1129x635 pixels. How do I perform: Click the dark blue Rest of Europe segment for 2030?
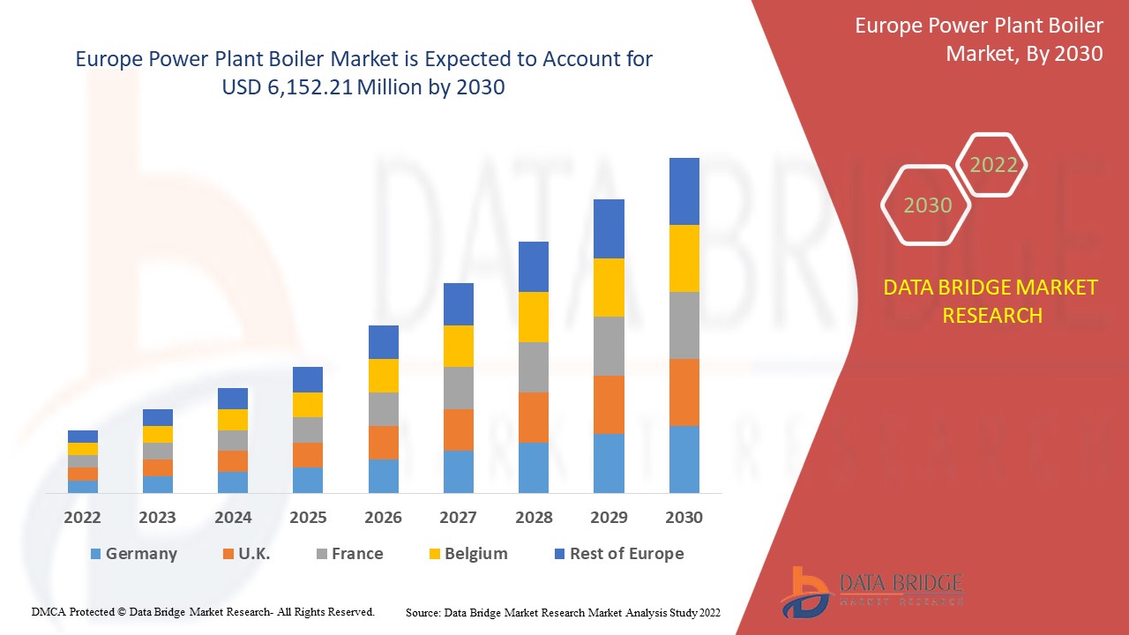(x=684, y=191)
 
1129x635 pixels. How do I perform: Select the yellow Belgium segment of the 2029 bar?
(x=609, y=288)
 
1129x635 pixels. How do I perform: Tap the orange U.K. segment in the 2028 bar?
(x=533, y=417)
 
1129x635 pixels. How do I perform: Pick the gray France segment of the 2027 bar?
(x=458, y=388)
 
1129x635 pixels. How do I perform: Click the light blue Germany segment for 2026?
(x=383, y=476)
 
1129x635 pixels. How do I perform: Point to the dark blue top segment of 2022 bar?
(x=83, y=437)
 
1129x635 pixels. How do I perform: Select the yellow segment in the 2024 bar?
(x=233, y=420)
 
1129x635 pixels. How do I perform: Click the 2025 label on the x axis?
(x=308, y=518)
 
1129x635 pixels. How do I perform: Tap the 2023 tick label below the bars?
(x=157, y=518)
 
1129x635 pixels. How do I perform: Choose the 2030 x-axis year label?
(x=684, y=518)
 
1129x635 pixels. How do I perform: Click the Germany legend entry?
(x=133, y=554)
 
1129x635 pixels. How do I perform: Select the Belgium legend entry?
(x=467, y=554)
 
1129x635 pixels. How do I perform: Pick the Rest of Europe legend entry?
(x=618, y=554)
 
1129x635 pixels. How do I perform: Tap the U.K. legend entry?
(x=246, y=554)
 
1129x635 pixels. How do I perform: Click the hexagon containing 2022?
(x=993, y=165)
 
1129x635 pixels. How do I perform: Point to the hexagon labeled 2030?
(x=927, y=205)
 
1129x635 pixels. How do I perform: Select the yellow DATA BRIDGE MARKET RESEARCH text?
(x=991, y=302)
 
